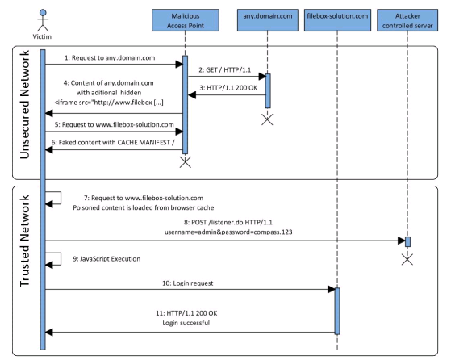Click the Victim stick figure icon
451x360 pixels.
click(43, 20)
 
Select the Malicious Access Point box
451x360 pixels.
click(186, 20)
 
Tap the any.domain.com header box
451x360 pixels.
click(268, 20)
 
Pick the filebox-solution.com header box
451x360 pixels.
click(337, 20)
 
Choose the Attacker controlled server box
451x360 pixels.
click(407, 20)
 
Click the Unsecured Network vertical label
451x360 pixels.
click(25, 104)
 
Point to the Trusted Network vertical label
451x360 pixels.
click(25, 241)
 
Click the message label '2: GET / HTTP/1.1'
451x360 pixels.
click(224, 70)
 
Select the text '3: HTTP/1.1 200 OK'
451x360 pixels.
click(228, 88)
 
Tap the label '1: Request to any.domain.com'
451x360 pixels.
click(110, 58)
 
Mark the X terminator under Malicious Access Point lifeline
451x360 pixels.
click(186, 162)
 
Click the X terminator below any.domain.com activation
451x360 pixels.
click(267, 119)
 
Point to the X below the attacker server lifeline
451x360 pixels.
click(407, 259)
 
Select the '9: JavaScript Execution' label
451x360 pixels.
click(106, 259)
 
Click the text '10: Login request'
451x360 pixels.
click(188, 283)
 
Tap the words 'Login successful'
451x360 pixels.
click(186, 323)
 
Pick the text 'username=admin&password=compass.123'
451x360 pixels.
click(228, 232)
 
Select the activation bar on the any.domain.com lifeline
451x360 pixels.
click(268, 91)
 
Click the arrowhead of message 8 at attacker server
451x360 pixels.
click(402, 241)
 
